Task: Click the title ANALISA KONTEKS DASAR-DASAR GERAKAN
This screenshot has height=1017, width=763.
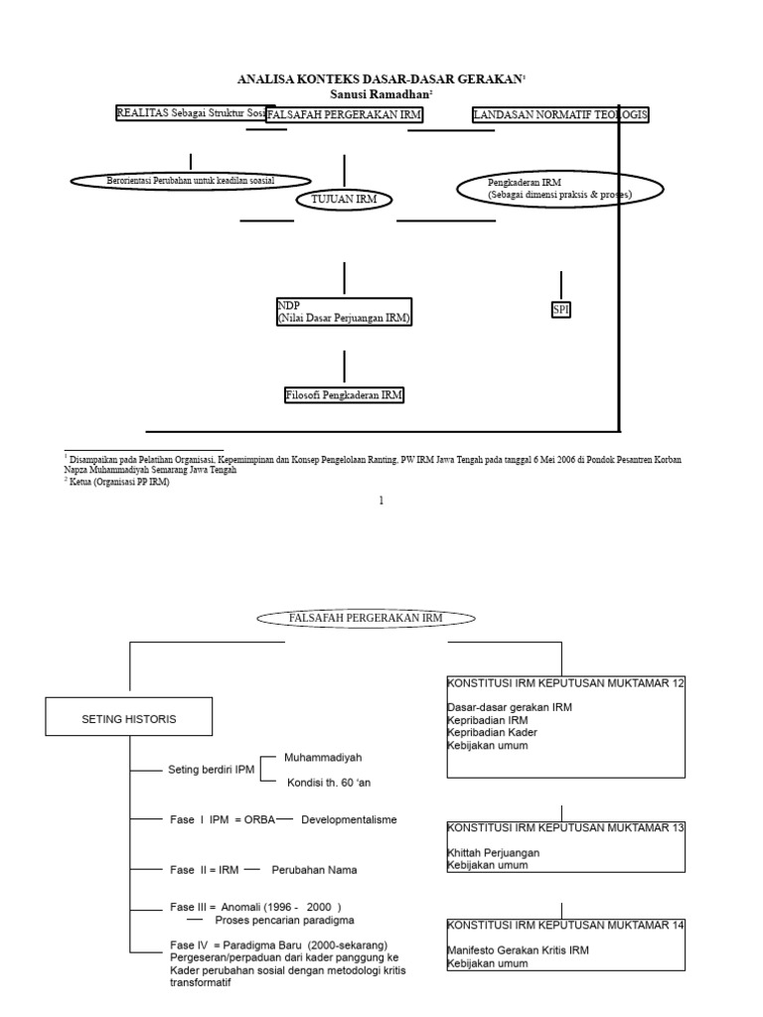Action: tap(381, 78)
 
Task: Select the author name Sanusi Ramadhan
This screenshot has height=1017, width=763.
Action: tap(381, 92)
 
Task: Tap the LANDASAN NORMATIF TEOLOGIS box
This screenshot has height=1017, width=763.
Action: tap(560, 115)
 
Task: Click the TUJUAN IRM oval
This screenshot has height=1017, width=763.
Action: tap(344, 200)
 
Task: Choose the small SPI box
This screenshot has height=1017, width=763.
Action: tap(561, 310)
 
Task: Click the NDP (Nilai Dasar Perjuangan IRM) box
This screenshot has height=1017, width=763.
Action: tap(344, 311)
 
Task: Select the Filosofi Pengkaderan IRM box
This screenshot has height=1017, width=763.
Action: tap(344, 395)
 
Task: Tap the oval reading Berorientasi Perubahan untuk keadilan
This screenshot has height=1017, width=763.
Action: tap(191, 180)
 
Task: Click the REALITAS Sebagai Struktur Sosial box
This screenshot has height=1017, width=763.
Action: tap(191, 114)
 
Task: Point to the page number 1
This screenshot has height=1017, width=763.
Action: tap(381, 501)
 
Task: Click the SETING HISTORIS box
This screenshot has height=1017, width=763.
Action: tap(129, 718)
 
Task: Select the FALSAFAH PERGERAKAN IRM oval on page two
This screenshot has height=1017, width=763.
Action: tap(366, 618)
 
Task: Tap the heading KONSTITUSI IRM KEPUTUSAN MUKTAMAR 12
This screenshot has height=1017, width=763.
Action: tap(565, 683)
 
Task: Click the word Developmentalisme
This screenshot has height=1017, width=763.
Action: tap(349, 819)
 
